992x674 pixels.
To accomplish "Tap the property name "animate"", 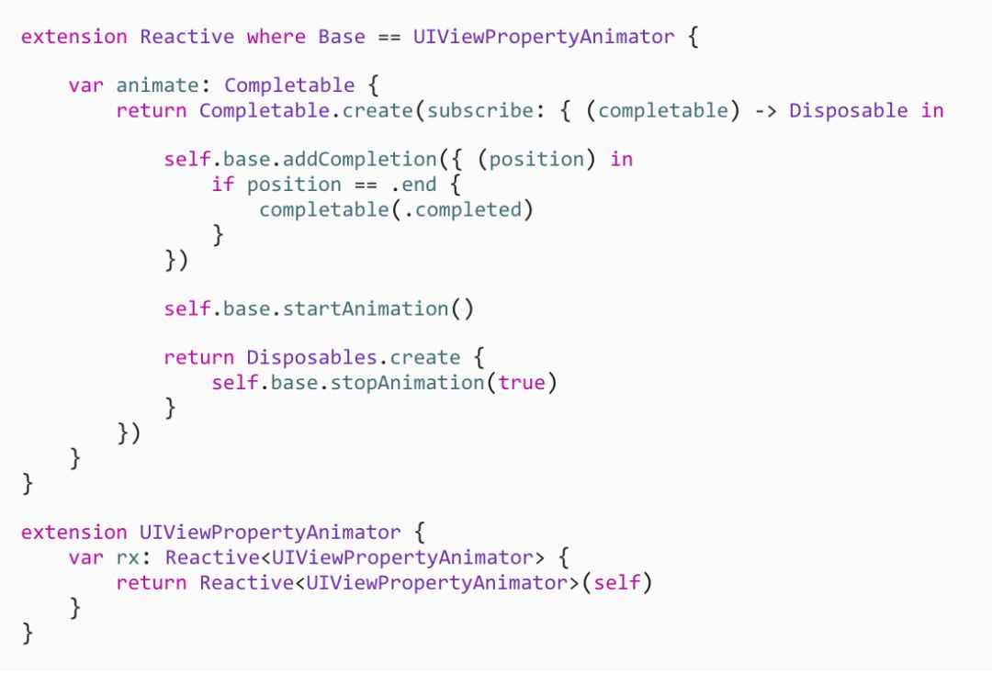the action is coord(157,85).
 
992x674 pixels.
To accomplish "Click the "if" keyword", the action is coord(222,184).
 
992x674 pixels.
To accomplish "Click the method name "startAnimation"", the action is coord(366,309).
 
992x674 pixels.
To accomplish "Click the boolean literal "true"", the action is coord(521,382).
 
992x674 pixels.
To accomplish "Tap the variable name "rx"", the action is coord(128,557).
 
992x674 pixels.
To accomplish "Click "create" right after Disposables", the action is coord(424,357).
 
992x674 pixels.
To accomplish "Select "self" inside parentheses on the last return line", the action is coord(616,582).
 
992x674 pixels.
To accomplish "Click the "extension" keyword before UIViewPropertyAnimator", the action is coord(73,533).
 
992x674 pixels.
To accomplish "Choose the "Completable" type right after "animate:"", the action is coord(288,85).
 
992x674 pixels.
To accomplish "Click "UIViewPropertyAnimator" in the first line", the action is coord(544,37).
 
